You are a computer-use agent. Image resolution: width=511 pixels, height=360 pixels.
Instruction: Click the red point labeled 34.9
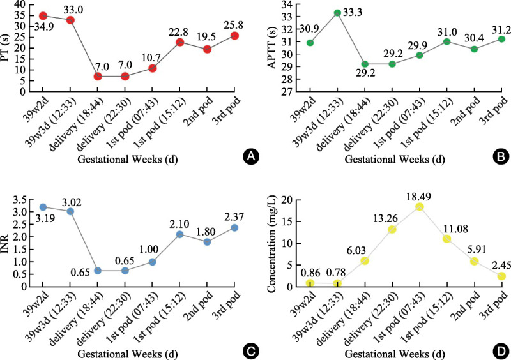[x=43, y=15]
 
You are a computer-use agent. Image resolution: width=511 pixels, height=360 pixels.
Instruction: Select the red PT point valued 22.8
[x=180, y=42]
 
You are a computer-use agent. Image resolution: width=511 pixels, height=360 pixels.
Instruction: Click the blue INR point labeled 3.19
[x=43, y=207]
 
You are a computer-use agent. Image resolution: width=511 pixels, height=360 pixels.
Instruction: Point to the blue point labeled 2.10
[x=180, y=234]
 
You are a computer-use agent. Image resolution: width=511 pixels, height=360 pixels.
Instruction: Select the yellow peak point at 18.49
[x=420, y=207]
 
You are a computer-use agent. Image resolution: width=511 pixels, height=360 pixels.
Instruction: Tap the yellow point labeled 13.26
[x=392, y=229]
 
